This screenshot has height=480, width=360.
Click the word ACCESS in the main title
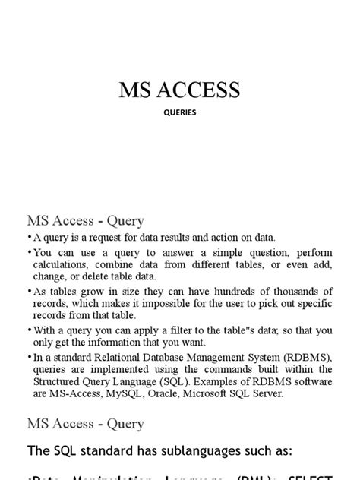(201, 90)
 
